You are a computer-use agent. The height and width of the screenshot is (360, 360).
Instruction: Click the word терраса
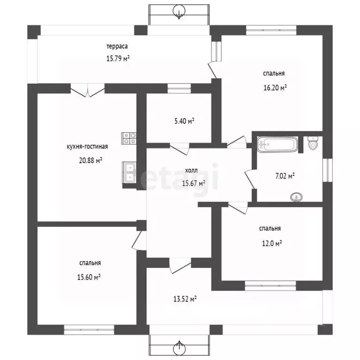(117, 46)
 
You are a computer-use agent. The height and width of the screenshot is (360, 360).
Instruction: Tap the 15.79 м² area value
(118, 59)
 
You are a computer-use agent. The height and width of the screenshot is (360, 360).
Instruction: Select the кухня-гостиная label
(87, 146)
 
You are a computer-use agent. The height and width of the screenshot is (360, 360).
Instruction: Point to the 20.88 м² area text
(90, 160)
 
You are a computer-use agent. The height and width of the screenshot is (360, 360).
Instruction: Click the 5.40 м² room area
(184, 121)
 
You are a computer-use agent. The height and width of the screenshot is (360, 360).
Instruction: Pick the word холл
(191, 171)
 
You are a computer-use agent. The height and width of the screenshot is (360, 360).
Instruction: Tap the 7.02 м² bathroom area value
(285, 176)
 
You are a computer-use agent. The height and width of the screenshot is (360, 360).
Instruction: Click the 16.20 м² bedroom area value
(275, 88)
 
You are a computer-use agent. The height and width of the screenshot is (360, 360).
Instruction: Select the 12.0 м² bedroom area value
(272, 243)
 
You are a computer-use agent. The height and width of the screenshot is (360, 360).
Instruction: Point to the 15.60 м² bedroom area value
(89, 277)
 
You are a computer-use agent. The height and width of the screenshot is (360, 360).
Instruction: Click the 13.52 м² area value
(185, 299)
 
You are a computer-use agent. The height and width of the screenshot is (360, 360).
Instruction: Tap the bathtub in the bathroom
(277, 144)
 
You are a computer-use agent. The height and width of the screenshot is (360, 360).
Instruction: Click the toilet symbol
(313, 143)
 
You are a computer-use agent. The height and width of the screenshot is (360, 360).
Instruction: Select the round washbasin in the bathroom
(296, 197)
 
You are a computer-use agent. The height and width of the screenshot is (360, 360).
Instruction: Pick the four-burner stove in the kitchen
(129, 138)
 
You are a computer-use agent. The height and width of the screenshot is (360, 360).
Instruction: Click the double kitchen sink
(129, 172)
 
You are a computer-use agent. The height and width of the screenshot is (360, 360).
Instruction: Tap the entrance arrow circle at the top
(179, 10)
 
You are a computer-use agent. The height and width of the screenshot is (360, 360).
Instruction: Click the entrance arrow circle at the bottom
(179, 349)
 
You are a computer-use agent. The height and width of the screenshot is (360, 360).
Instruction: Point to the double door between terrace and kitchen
(88, 90)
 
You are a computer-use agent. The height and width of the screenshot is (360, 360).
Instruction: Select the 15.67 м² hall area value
(194, 183)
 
